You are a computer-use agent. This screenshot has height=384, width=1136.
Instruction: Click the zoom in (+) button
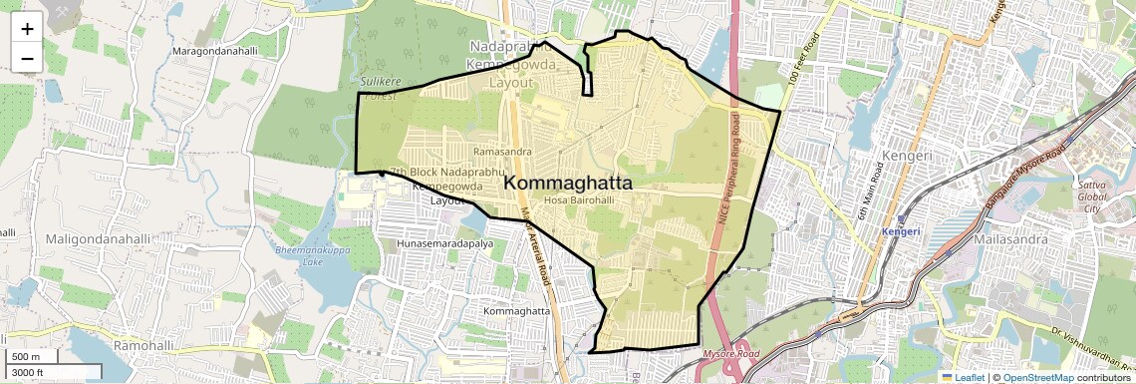(27, 30)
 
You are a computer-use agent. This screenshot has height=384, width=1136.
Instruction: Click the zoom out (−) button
(27, 58)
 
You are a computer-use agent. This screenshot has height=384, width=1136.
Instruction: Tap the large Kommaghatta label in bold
(568, 183)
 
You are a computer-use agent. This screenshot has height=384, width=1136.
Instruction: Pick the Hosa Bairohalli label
(578, 200)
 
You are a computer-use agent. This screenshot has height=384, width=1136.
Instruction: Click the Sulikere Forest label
(379, 87)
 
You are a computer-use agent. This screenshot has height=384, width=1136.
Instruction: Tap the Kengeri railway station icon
(901, 218)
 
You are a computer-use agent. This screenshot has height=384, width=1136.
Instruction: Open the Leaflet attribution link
(962, 377)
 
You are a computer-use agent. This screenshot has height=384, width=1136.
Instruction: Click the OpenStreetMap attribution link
(1038, 377)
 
